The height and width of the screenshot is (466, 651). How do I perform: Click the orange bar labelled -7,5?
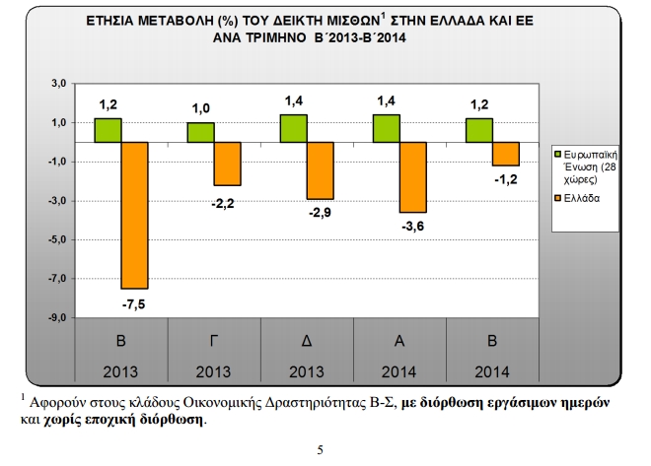pyautogui.click(x=135, y=215)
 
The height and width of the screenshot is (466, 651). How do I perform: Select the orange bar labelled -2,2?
pyautogui.click(x=228, y=164)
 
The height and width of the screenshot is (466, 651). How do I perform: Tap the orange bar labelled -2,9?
pyautogui.click(x=321, y=170)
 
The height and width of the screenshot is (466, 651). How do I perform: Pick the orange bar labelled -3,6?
pyautogui.click(x=412, y=177)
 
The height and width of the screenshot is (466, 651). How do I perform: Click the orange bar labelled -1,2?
pyautogui.click(x=505, y=154)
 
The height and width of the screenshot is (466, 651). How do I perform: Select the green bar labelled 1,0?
pyautogui.click(x=200, y=132)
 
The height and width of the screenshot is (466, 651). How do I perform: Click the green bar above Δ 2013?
pyautogui.click(x=293, y=128)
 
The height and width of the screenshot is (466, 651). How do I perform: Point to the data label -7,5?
pyautogui.click(x=135, y=303)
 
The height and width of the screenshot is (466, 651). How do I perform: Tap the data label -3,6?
pyautogui.click(x=413, y=227)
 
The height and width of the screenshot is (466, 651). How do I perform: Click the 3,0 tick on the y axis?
pyautogui.click(x=57, y=85)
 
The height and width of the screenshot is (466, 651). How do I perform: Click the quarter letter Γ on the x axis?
pyautogui.click(x=215, y=340)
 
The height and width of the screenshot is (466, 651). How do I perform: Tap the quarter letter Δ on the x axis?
pyautogui.click(x=308, y=340)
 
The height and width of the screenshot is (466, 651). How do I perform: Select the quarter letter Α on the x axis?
pyautogui.click(x=400, y=340)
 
